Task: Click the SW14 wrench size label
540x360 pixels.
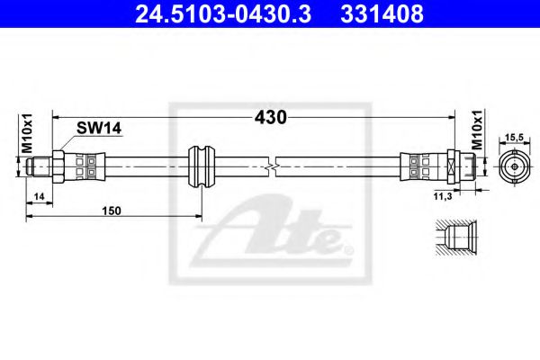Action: pyautogui.click(x=100, y=130)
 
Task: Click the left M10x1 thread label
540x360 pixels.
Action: pyautogui.click(x=28, y=134)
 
